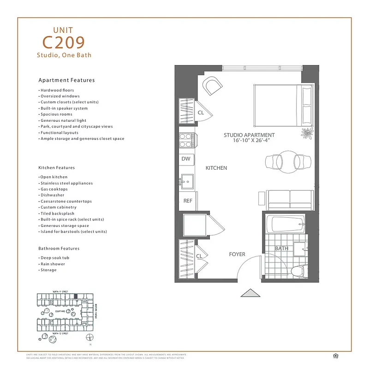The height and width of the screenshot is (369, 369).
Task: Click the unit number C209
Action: tap(64, 42)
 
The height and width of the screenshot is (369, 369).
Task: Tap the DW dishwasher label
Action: tap(186, 159)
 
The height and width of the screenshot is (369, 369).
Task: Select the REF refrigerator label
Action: tap(188, 201)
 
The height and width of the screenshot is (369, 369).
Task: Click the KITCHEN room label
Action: tap(216, 168)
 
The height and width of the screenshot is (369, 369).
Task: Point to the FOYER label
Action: tap(237, 254)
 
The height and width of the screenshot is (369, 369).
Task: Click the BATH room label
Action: tap(281, 249)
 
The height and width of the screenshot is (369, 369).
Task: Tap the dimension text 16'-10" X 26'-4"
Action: tap(249, 141)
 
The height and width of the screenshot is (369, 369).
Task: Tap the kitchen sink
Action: tap(186, 180)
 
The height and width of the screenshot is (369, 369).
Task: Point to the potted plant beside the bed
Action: tap(307, 134)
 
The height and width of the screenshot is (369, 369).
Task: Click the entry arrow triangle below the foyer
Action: tap(250, 293)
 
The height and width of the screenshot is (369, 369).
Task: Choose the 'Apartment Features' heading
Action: tap(66, 80)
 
